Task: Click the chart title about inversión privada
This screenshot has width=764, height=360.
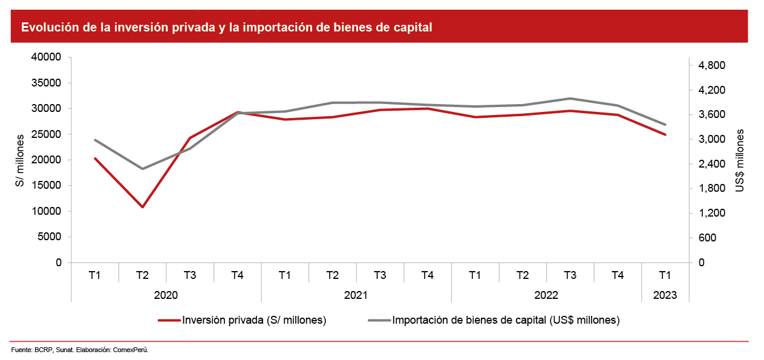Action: [227, 28]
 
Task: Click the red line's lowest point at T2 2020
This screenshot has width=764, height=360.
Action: [142, 207]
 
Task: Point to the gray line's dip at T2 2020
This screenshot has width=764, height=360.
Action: [142, 169]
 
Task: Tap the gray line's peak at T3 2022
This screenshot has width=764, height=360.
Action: [570, 98]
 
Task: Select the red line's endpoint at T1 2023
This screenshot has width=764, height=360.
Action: [665, 134]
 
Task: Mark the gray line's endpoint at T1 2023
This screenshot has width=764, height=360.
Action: [665, 125]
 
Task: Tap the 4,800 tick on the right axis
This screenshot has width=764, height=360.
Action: [712, 65]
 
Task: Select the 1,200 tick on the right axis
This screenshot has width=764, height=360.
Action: [712, 213]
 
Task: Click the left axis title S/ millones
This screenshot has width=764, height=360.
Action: [20, 160]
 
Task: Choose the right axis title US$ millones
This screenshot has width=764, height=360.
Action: [740, 160]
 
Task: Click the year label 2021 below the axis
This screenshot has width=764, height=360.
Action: [356, 295]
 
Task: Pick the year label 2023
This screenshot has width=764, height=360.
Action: [665, 295]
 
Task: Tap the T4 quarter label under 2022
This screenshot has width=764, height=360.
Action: [617, 275]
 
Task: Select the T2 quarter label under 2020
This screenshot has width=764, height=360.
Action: [142, 275]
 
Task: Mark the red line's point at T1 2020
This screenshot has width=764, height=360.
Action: [95, 159]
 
